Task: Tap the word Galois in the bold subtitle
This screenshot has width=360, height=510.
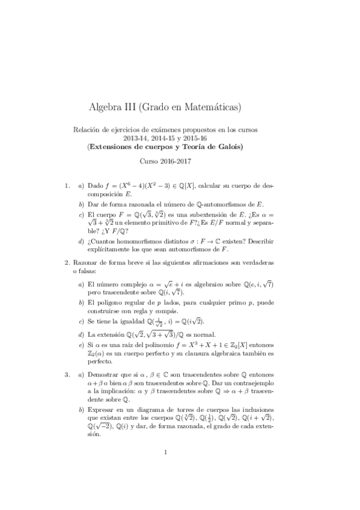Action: coord(226,146)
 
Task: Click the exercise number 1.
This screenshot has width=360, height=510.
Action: coord(67,186)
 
